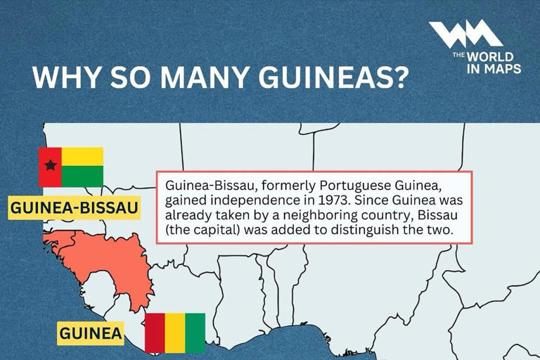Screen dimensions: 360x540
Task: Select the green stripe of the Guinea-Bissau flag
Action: (82, 176)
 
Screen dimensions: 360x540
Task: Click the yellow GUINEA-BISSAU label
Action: (74, 208)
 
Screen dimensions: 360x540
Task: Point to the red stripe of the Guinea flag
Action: (155, 333)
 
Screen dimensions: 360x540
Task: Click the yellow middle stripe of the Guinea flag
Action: (175, 333)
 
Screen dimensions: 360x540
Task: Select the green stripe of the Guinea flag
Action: (195, 333)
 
